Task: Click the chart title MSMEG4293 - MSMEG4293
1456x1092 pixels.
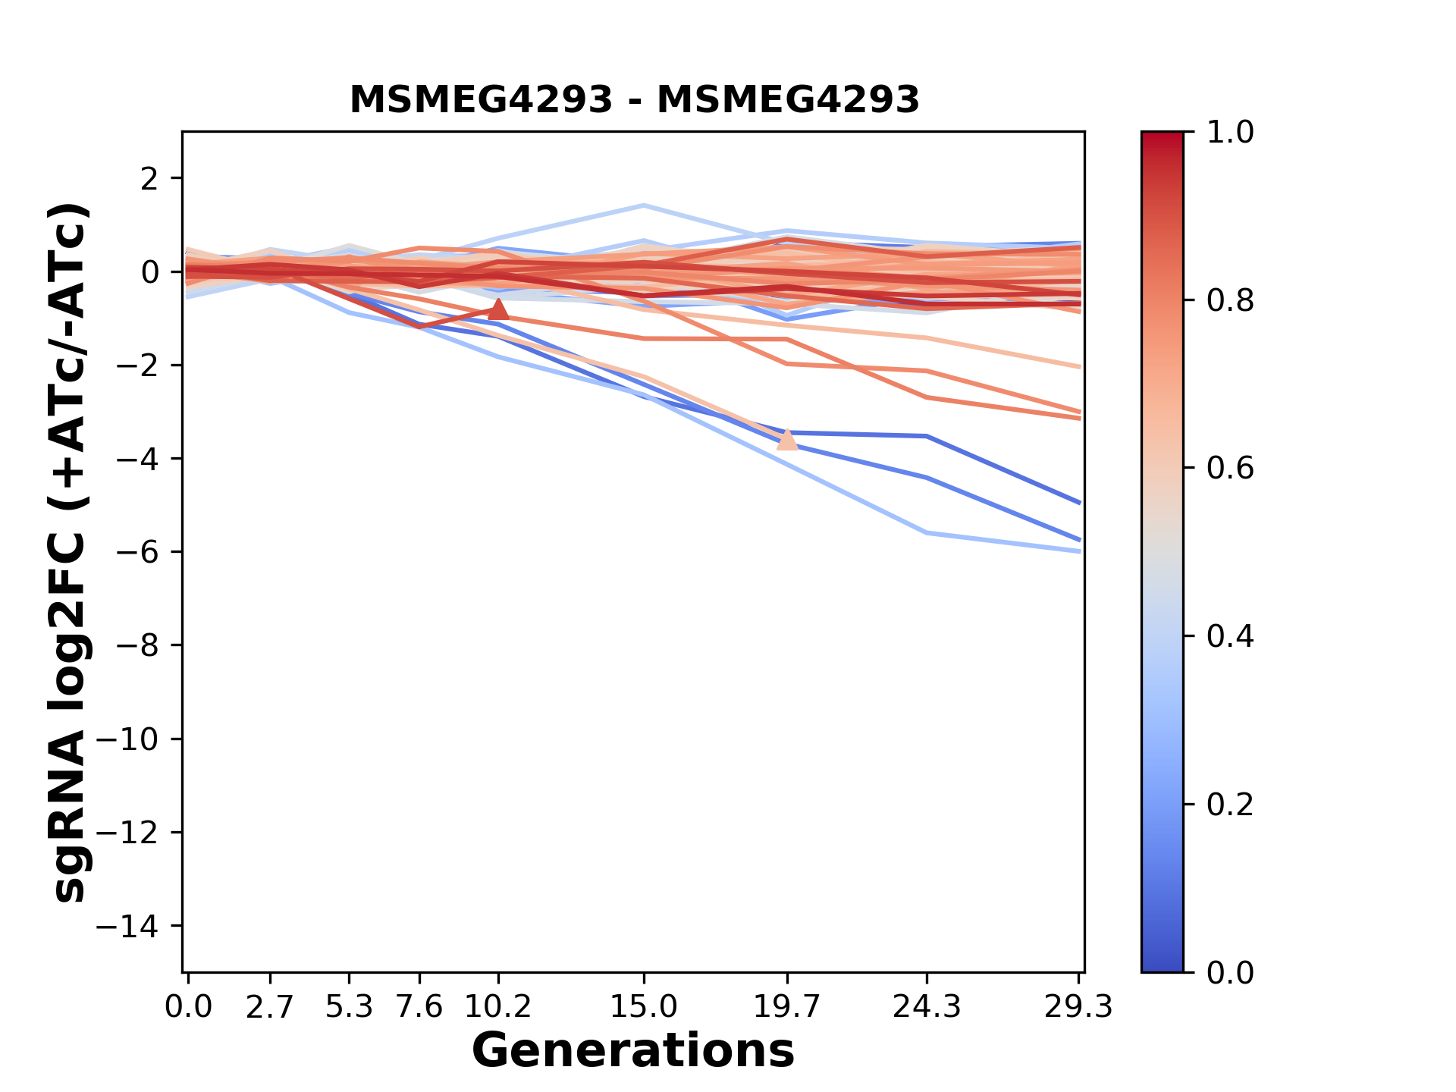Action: point(634,100)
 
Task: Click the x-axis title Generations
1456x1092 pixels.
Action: point(633,1051)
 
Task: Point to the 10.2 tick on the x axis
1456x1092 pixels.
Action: point(498,1007)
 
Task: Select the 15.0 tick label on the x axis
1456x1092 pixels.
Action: point(644,1007)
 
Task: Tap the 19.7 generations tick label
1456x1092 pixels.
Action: point(787,1007)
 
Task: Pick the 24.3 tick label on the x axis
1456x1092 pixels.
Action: point(927,1007)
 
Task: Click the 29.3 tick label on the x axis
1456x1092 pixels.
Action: point(1078,1007)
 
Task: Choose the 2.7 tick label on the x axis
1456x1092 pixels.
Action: point(270,1007)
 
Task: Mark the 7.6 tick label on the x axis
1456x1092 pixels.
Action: point(419,1007)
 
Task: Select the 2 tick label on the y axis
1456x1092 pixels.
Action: point(150,178)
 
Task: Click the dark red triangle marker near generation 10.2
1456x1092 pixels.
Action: point(498,309)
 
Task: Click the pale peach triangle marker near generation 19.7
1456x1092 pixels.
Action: point(788,439)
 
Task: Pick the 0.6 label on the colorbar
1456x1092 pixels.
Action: point(1230,468)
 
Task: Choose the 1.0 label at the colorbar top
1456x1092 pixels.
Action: point(1230,133)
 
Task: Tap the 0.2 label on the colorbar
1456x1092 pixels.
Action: point(1230,804)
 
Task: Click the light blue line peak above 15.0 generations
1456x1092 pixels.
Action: point(644,205)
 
